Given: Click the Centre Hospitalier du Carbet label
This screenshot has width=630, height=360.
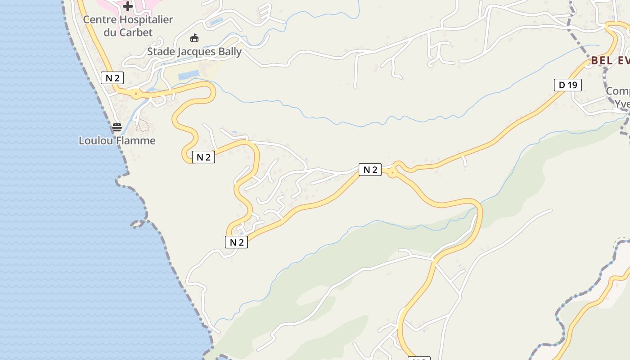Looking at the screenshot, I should (x=128, y=26).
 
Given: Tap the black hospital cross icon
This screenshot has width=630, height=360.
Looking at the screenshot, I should (x=128, y=6).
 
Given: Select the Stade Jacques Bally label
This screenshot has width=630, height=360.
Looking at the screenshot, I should (x=194, y=52).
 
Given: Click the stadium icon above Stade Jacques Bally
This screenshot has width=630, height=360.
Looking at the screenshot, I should (x=194, y=38).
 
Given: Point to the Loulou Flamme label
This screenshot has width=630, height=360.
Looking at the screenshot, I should (x=117, y=140).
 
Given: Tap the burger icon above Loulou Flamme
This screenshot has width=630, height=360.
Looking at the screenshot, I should (x=117, y=127).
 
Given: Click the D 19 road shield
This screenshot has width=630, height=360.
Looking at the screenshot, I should (x=567, y=85).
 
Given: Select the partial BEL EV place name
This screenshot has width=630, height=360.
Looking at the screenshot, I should (x=610, y=60).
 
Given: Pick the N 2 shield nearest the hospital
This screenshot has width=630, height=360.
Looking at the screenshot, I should (x=112, y=78).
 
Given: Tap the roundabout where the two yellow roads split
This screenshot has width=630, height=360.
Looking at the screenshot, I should (x=393, y=172).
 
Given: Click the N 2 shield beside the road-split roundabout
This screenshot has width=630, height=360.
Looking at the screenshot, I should (x=370, y=170).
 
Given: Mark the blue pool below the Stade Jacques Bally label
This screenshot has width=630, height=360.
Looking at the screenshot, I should (x=189, y=75).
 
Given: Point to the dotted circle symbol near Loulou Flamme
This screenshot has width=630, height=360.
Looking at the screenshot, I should (x=143, y=126).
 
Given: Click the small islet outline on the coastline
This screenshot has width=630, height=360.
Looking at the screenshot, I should (x=138, y=223).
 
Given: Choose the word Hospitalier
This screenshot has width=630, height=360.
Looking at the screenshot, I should (x=146, y=20).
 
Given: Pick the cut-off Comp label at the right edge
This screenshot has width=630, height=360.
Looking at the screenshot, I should (x=617, y=91).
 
